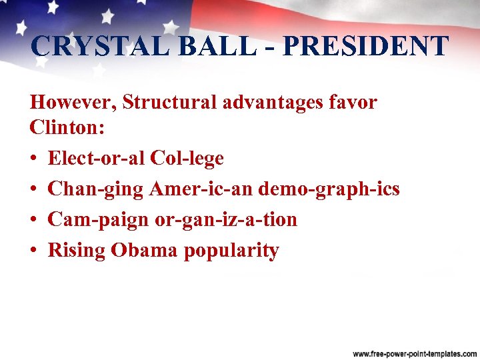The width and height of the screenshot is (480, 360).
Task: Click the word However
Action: [73, 103]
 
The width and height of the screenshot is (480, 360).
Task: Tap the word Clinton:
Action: [67, 128]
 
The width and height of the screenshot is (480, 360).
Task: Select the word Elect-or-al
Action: [96, 159]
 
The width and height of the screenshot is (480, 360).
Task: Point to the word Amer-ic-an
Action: [201, 189]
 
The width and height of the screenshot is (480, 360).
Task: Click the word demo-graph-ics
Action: [329, 190]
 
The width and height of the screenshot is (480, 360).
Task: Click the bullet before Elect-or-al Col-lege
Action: [34, 159]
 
